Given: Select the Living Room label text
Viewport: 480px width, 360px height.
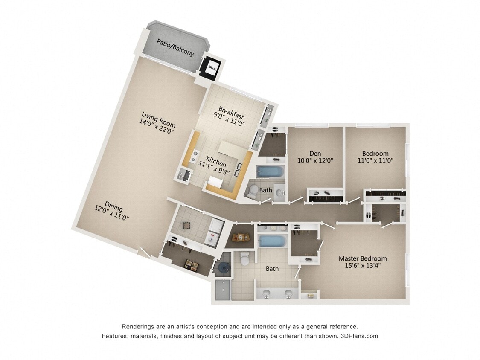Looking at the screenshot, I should [159, 119].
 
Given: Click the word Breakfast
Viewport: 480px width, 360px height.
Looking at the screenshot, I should [231, 112].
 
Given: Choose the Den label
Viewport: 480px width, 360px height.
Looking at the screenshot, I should [315, 154].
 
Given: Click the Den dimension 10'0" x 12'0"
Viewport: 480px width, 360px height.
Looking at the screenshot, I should [315, 161].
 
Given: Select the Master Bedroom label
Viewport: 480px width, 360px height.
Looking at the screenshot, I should [363, 258].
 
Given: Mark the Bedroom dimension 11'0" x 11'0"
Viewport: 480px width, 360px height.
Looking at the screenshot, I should [375, 161].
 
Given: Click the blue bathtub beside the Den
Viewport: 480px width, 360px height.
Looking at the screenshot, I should [270, 172].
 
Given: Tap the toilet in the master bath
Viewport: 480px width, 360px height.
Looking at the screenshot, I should [245, 258].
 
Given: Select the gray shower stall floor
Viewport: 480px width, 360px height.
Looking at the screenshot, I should [223, 290].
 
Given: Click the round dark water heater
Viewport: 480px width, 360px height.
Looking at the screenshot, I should [223, 267].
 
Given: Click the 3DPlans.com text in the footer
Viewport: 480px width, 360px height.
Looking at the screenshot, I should [359, 336].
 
